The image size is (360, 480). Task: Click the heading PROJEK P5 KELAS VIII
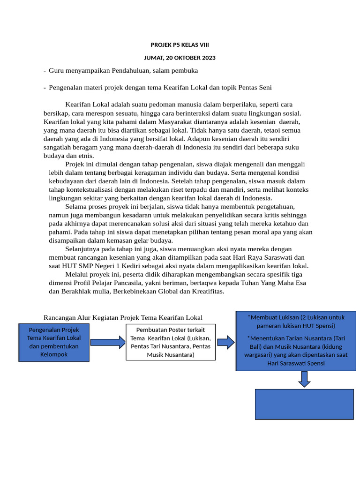(180, 45)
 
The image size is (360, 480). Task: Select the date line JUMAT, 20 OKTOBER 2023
(180, 58)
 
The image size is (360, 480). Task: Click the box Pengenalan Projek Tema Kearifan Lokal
(54, 342)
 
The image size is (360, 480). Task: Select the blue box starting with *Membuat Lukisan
(295, 340)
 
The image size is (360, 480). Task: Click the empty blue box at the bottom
(304, 404)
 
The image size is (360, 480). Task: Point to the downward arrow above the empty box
(304, 379)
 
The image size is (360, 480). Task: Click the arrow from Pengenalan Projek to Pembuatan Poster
(107, 343)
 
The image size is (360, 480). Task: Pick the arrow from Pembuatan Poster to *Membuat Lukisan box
(225, 343)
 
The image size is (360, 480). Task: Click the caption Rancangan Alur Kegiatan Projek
(123, 317)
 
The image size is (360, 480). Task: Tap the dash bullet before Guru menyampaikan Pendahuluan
(45, 70)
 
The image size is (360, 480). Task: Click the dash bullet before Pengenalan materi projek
(45, 87)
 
